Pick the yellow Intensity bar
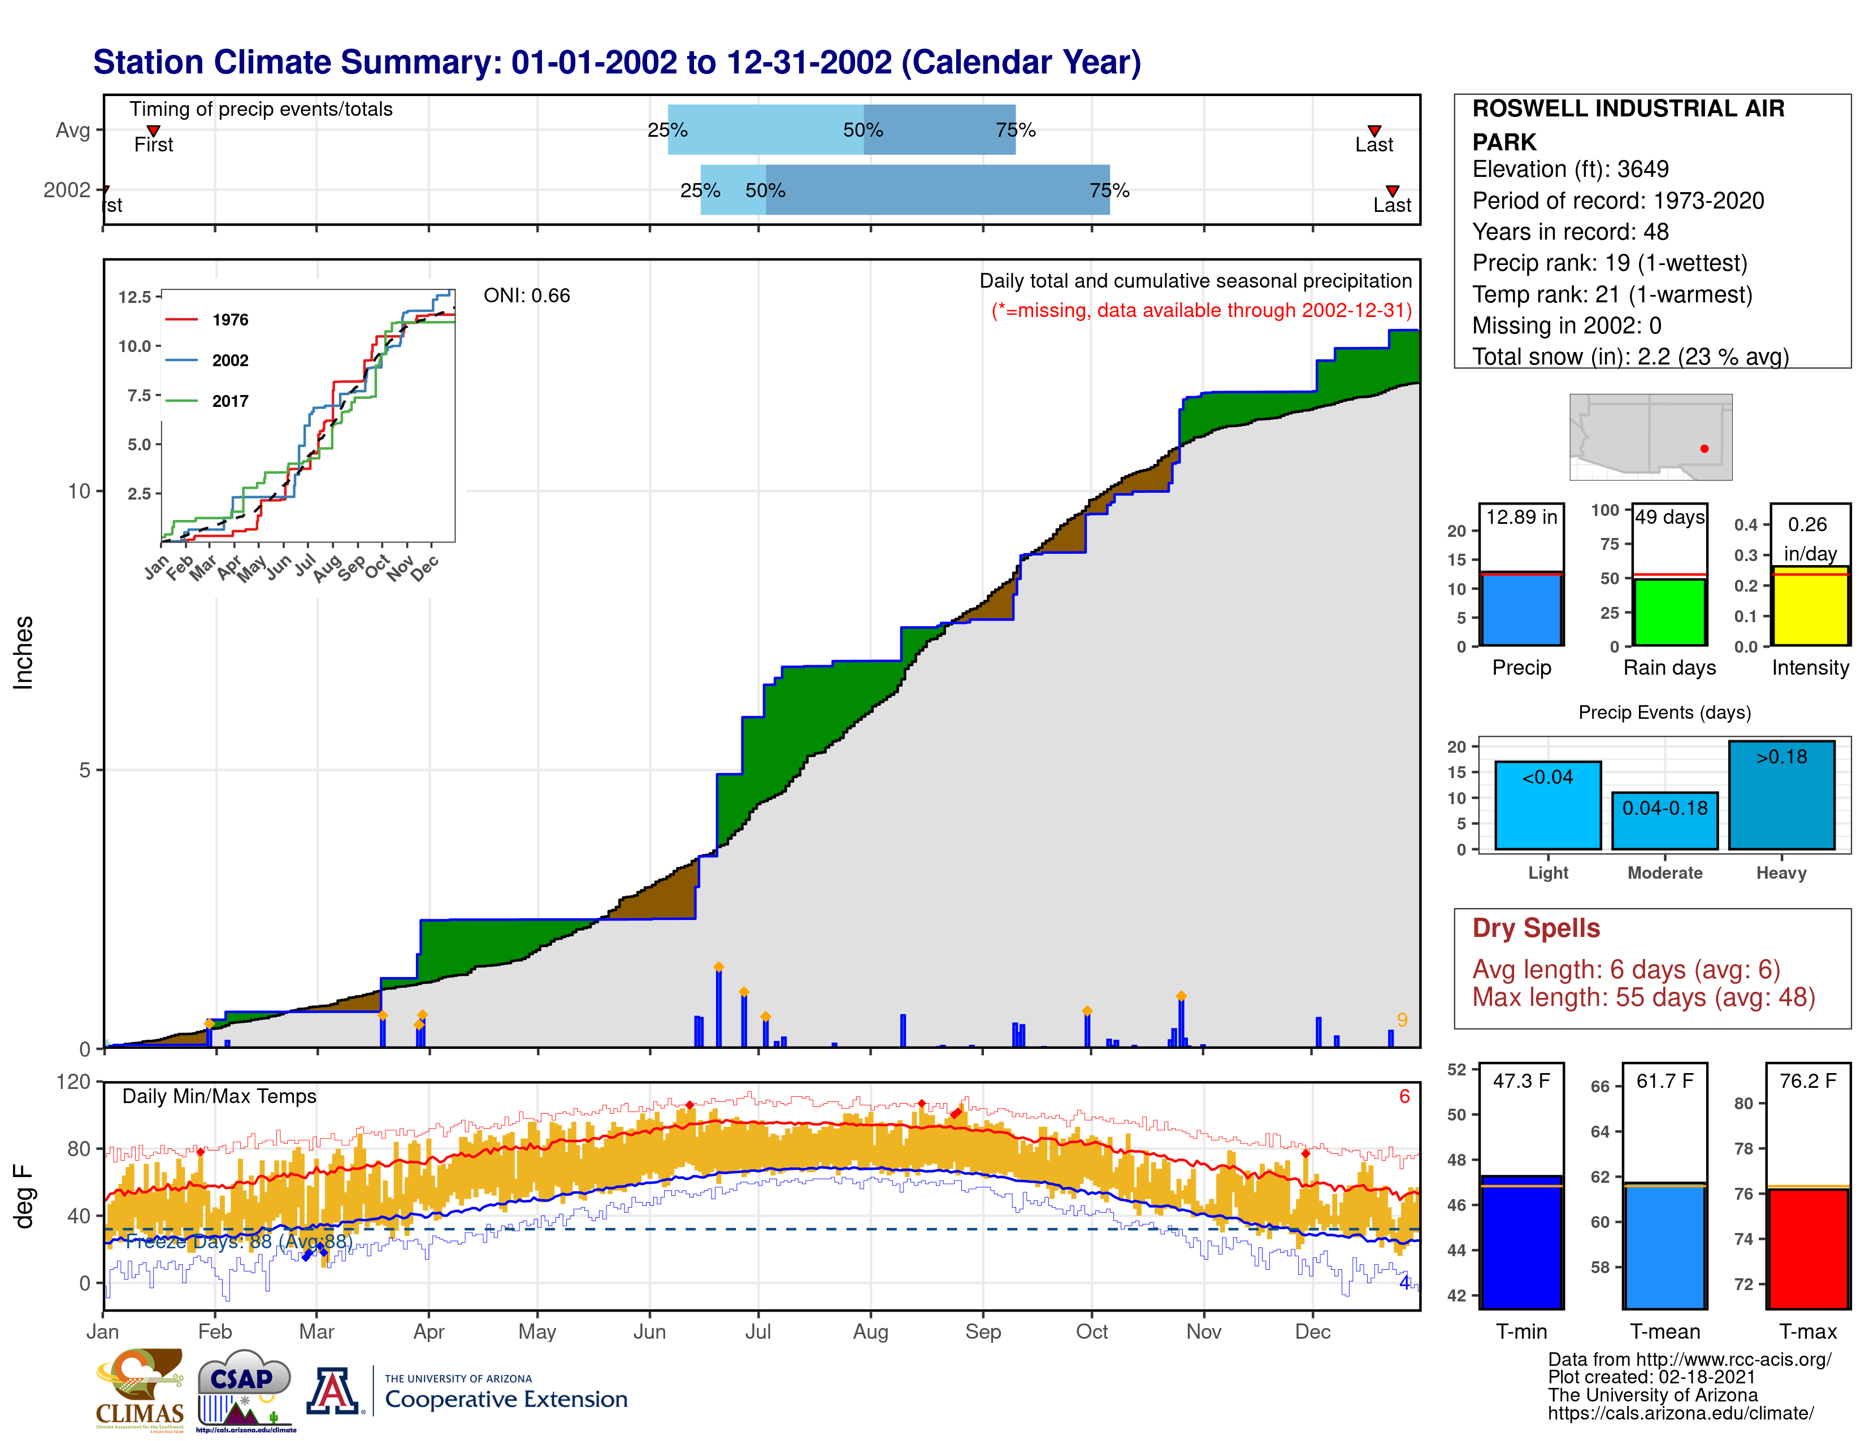pos(1810,606)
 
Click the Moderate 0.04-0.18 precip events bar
pos(1664,821)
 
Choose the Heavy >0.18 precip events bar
pos(1781,795)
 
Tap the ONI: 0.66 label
pos(526,296)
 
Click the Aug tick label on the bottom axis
pos(870,1332)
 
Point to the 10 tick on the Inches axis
pos(80,491)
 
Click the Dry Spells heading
pos(1536,928)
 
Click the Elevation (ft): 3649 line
pos(1569,169)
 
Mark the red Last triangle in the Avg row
pos(1374,131)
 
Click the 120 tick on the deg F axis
pos(73,1082)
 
